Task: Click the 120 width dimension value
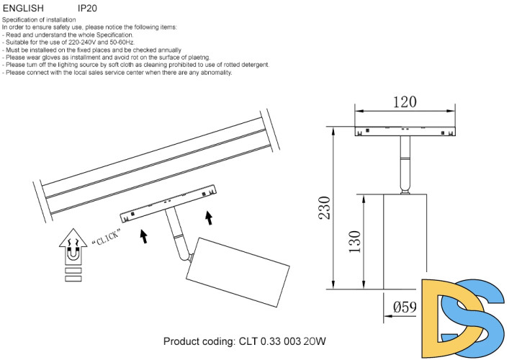pyautogui.click(x=405, y=102)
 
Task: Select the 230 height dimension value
pyautogui.click(x=325, y=208)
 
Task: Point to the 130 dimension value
pyautogui.click(x=354, y=242)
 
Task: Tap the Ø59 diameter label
pyautogui.click(x=405, y=307)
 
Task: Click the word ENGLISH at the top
pyautogui.click(x=23, y=8)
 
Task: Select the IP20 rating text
pyautogui.click(x=87, y=8)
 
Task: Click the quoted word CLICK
pyautogui.click(x=105, y=238)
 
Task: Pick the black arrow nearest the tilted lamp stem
pyautogui.click(x=144, y=236)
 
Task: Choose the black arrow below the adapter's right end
pyautogui.click(x=209, y=217)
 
